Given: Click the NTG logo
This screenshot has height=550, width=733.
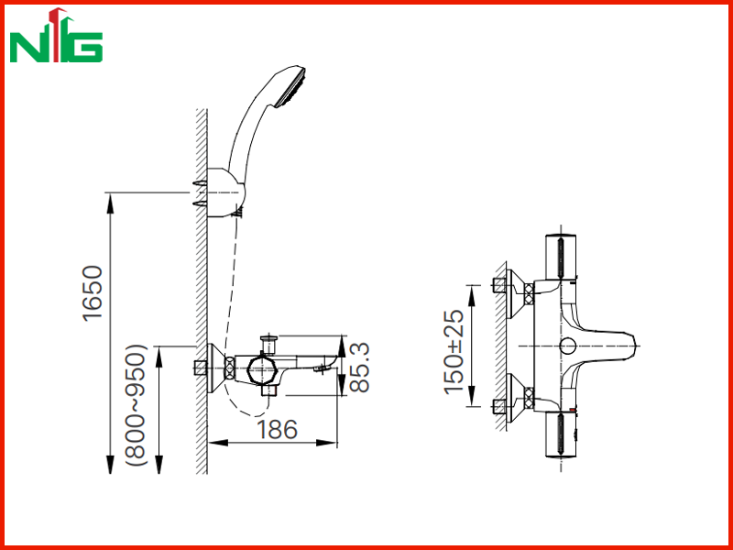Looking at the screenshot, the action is click(x=56, y=36).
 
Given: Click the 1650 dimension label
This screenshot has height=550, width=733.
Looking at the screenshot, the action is click(x=93, y=292).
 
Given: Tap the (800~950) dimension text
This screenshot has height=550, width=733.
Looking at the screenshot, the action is click(x=137, y=405).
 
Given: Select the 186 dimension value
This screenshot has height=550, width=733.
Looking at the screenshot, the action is click(x=277, y=429).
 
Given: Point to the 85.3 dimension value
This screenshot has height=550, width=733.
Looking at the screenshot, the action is click(x=359, y=368).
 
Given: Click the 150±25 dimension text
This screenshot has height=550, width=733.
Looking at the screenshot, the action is click(x=454, y=352).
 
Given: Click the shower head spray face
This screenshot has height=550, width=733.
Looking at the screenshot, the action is click(x=291, y=88).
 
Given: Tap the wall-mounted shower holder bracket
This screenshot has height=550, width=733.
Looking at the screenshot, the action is click(x=224, y=192).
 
